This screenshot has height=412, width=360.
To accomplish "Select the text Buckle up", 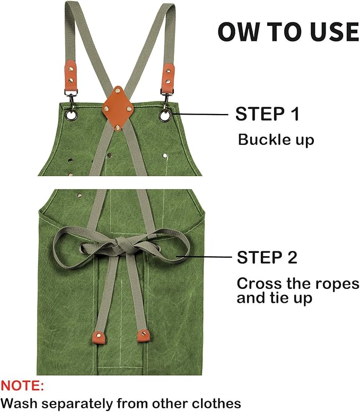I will coord(276,140).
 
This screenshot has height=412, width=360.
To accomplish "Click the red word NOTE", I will coord(22,385).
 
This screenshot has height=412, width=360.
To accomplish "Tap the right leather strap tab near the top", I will coord(169,75).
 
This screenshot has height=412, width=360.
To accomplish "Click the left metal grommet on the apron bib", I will coord(71,113).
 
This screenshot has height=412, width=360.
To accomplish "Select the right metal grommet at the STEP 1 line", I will coord(166,115).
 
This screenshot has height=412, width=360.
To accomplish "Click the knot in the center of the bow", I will coord(119,246).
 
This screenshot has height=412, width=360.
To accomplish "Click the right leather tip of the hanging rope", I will coord(143,335).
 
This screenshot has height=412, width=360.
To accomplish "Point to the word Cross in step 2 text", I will coord(256,283).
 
